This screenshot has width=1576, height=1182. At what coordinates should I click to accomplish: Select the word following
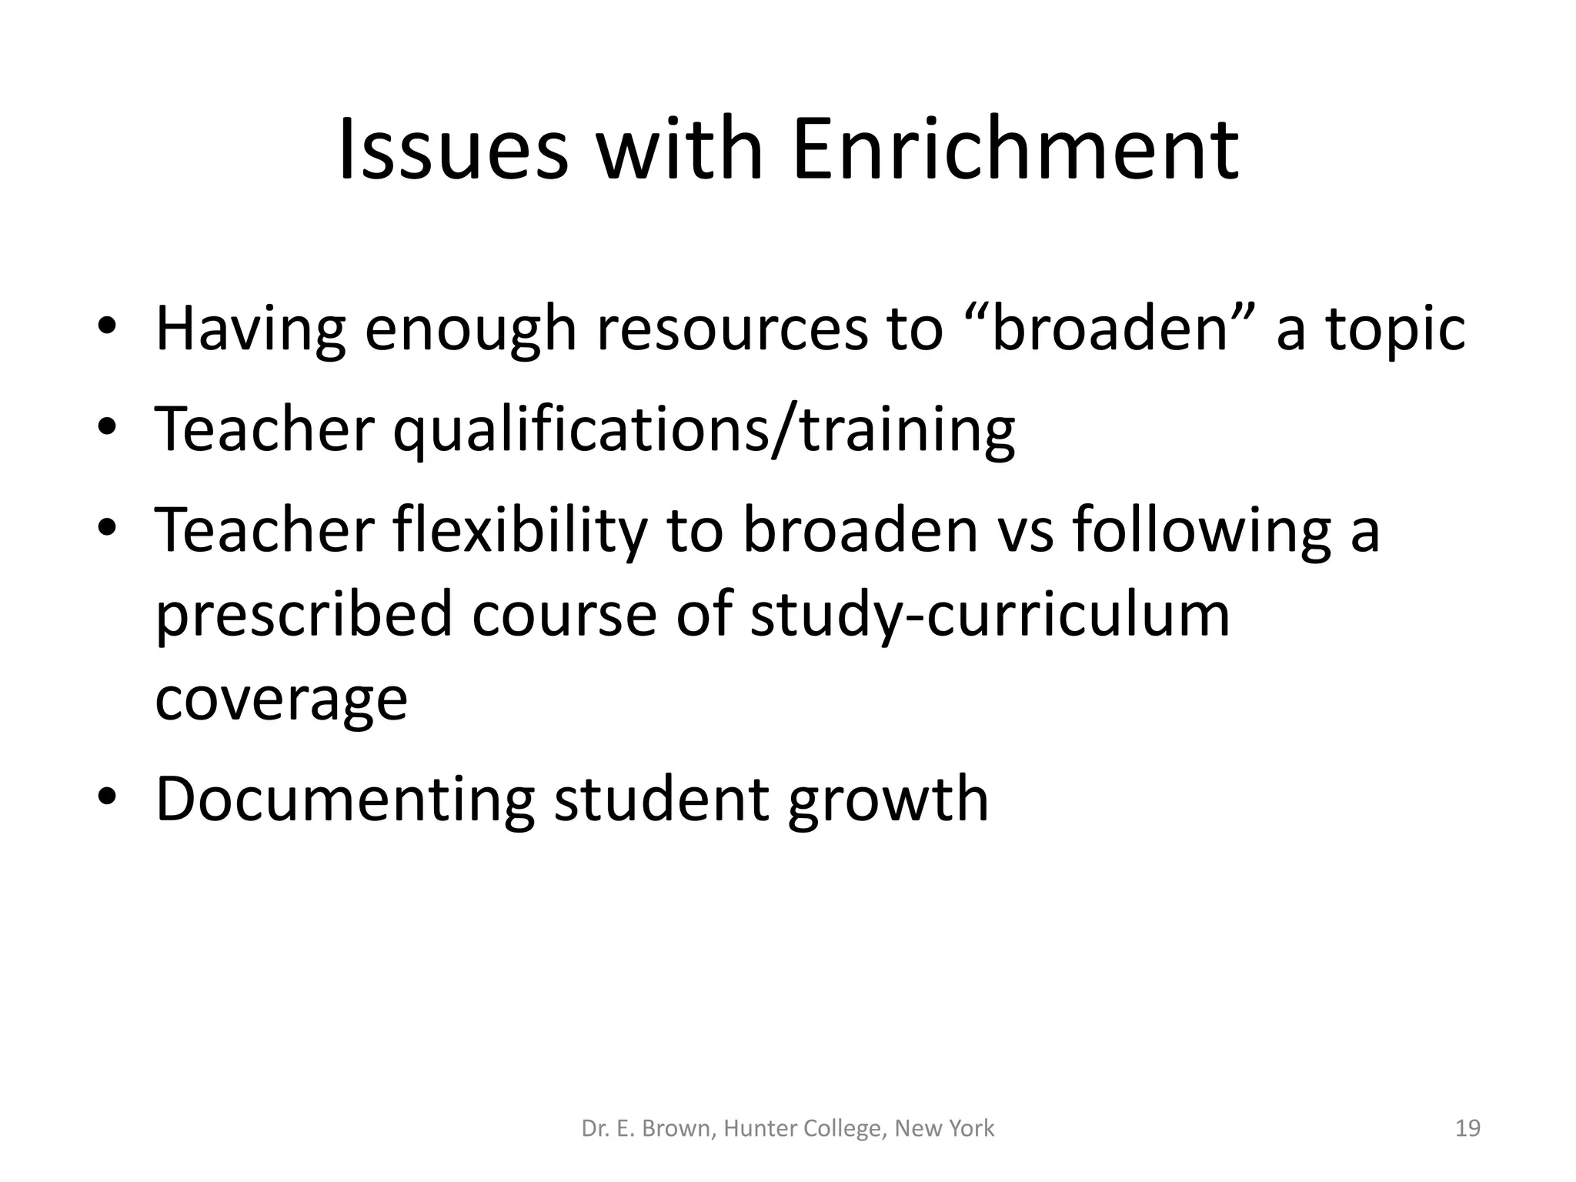pyautogui.click(x=1203, y=531)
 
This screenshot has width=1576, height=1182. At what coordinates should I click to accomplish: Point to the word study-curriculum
pyautogui.click(x=990, y=616)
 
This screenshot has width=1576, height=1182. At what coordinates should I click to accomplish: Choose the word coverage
pyautogui.click(x=281, y=700)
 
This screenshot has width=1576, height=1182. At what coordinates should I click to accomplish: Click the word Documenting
pyautogui.click(x=345, y=800)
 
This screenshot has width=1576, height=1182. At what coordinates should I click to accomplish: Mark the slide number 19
pyautogui.click(x=1468, y=1129)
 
